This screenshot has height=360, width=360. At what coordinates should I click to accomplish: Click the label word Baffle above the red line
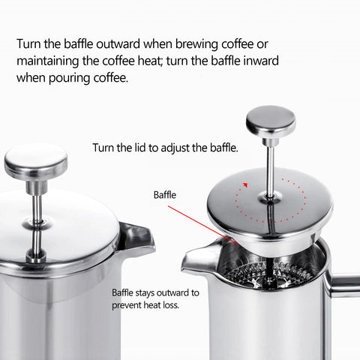coord(164,194)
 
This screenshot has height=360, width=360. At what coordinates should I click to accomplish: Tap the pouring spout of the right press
coord(196,259)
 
